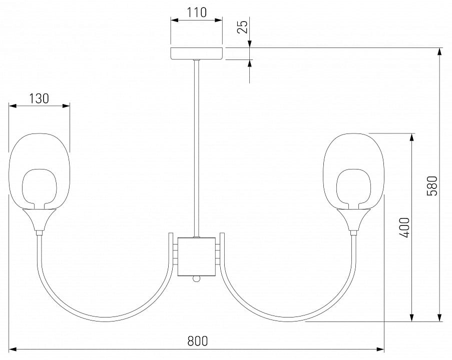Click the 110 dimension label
pyautogui.click(x=197, y=12)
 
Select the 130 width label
pyautogui.click(x=39, y=98)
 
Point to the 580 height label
pyautogui.click(x=432, y=185)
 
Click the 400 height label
pyautogui.click(x=404, y=227)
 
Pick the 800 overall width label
pyautogui.click(x=197, y=341)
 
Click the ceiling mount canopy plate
pyautogui.click(x=197, y=53)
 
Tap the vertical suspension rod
pyautogui.click(x=197, y=148)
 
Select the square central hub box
pyautogui.click(x=197, y=256)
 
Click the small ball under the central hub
pyautogui.click(x=197, y=278)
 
